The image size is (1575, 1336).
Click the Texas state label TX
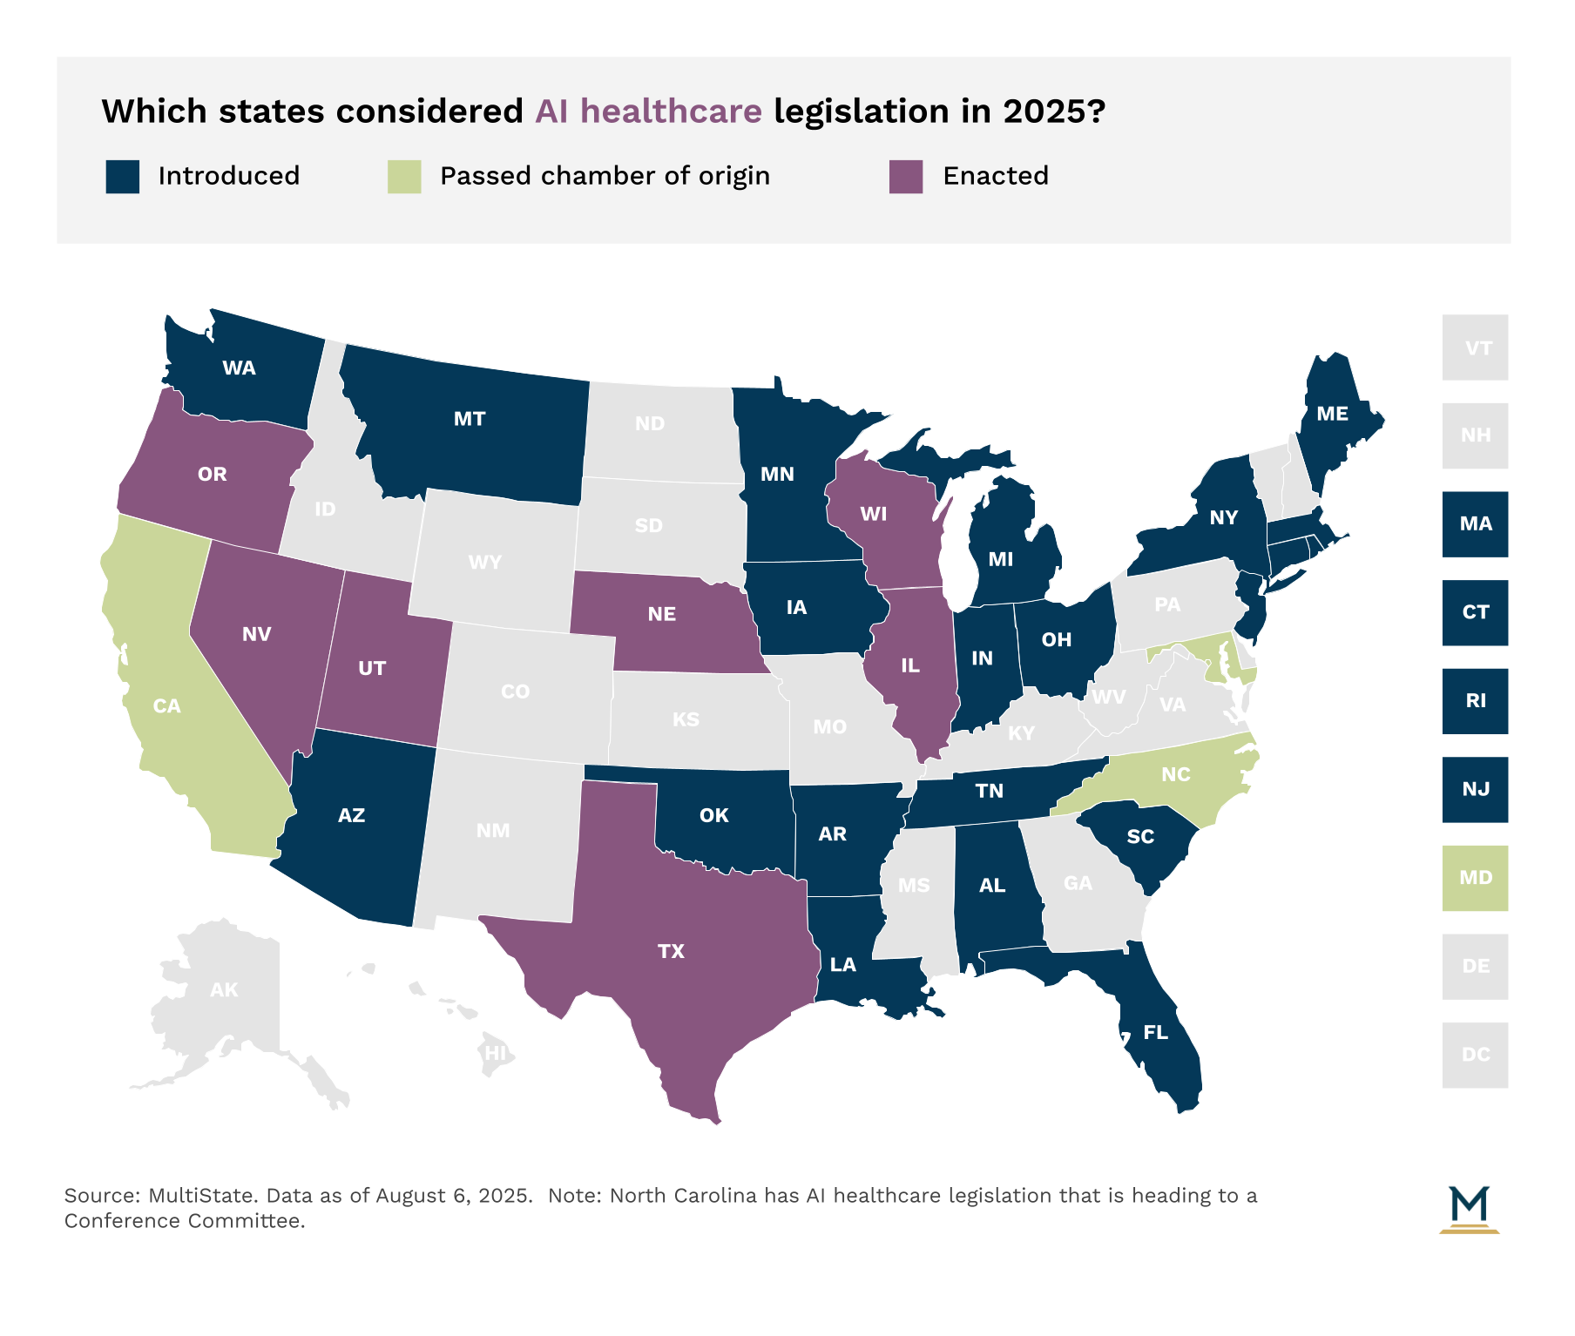(671, 951)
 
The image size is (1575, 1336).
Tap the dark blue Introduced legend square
(123, 177)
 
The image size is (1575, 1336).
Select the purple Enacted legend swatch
(906, 177)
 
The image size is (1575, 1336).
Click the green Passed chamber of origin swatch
(404, 177)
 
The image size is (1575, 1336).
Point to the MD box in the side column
(1475, 878)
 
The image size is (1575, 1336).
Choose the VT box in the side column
(1475, 347)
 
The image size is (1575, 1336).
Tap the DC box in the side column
(1475, 1055)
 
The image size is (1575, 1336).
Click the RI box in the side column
(1475, 701)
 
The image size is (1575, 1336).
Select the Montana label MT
(469, 419)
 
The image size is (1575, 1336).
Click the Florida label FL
(1155, 1033)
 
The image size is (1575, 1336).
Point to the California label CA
(166, 705)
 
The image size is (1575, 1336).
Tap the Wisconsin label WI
(873, 514)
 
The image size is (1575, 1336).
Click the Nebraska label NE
(661, 614)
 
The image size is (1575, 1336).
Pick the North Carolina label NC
(1175, 774)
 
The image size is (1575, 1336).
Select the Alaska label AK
(224, 989)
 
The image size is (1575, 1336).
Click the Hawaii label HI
(495, 1053)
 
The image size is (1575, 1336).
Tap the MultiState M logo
(1469, 1209)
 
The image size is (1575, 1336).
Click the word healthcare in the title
(671, 111)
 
